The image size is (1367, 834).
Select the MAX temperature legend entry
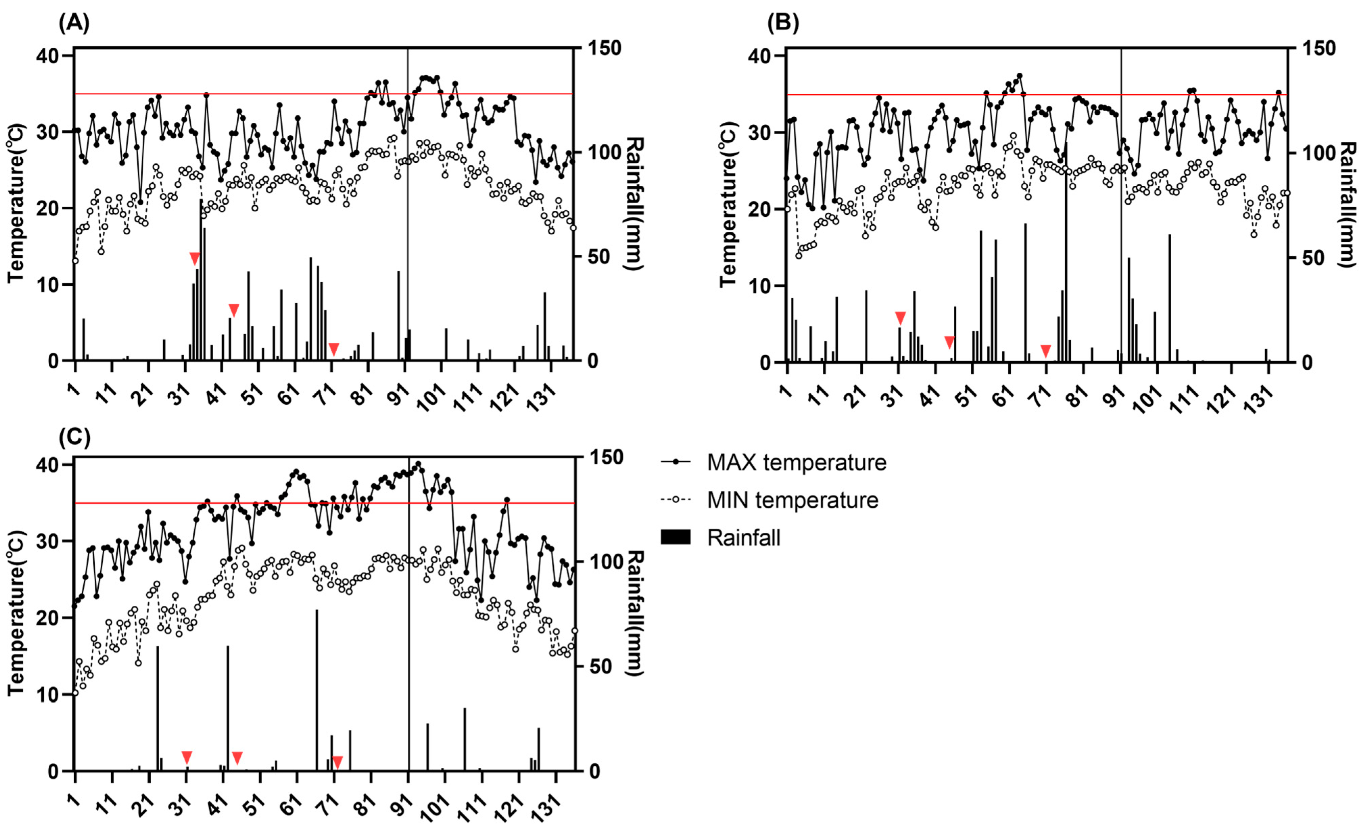(x=796, y=463)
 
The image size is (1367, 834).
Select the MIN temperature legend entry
(x=792, y=501)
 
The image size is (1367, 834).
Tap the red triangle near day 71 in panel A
(x=333, y=349)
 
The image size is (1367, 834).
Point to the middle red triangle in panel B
(x=949, y=342)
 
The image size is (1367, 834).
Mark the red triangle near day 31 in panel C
(x=187, y=758)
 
